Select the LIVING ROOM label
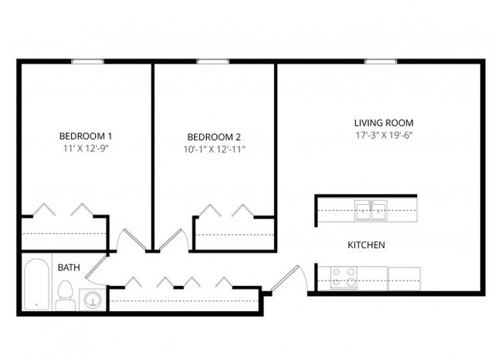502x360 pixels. click(x=383, y=123)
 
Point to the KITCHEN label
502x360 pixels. click(x=367, y=245)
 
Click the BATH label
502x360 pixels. click(x=69, y=267)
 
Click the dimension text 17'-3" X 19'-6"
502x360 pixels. click(x=383, y=136)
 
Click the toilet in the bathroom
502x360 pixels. click(x=66, y=294)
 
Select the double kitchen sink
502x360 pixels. click(x=371, y=210)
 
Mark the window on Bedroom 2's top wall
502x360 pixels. click(x=209, y=62)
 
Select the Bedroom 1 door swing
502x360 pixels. click(x=128, y=240)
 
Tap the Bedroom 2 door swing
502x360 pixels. click(x=169, y=239)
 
